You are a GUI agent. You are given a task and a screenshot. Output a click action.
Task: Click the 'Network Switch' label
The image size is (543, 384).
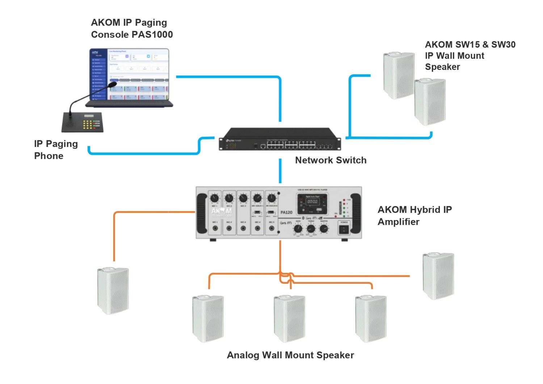pos(331,160)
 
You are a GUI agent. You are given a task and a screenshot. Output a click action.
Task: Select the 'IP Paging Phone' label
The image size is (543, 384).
pos(56,150)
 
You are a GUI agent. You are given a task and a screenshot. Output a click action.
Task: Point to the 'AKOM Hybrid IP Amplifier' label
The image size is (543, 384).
pos(414,215)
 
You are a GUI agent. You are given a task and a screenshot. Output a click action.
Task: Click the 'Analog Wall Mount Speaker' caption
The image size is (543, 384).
pos(290,355)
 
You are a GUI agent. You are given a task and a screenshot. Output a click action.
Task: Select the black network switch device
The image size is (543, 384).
pos(280,139)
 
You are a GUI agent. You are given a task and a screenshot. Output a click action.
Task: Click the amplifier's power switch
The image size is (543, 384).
pos(344,229)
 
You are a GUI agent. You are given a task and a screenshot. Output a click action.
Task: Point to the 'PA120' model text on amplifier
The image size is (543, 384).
pos(286,212)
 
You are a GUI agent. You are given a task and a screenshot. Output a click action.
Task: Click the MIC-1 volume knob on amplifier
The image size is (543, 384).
pos(215,198)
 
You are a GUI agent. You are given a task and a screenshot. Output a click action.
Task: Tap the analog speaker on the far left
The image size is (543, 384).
pos(113,291)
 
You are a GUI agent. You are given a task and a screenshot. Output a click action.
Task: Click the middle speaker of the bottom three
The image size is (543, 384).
pos(289,318)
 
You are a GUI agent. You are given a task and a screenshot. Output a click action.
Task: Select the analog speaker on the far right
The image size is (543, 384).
pos(438,276)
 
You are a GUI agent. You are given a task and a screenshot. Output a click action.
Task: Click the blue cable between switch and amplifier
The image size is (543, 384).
pos(280,171)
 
